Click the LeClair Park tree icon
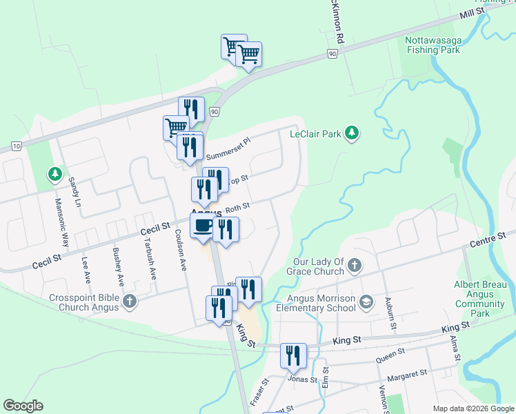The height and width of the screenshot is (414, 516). tap(352, 133)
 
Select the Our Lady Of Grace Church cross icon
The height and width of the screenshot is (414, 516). tap(354, 266)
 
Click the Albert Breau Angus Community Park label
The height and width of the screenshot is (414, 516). tap(480, 294)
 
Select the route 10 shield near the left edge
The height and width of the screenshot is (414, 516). tap(17, 146)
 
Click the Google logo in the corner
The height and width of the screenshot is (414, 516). tap(23, 406)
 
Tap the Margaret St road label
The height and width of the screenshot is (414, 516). tap(407, 375)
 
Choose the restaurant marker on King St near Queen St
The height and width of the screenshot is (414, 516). tap(294, 356)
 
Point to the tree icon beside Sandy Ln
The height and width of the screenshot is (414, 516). tap(54, 174)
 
